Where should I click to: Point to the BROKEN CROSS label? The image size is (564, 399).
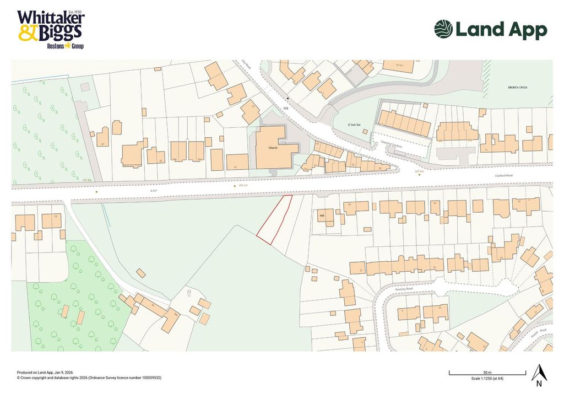click(518, 88)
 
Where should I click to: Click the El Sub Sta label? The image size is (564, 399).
click(345, 126)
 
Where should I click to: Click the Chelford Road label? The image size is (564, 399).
click(503, 176)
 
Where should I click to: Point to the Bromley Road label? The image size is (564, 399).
click(404, 287)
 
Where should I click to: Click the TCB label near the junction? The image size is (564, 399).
click(286, 108)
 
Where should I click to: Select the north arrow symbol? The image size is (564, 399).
click(538, 374)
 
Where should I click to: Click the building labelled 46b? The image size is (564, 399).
click(323, 215)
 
